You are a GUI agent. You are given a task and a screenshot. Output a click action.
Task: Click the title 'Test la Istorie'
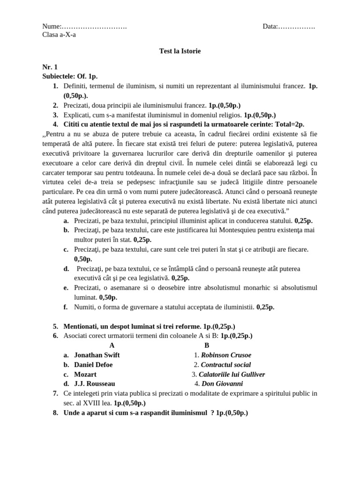click(x=180, y=51)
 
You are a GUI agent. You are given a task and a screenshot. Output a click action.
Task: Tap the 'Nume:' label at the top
click(x=52, y=26)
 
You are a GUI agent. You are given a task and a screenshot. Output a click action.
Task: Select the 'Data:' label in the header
click(x=270, y=26)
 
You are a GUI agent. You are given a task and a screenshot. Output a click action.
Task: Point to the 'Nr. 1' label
click(x=50, y=67)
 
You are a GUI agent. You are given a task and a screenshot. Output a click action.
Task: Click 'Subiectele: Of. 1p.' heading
click(x=70, y=76)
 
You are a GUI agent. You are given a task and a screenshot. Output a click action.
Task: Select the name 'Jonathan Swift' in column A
click(x=97, y=355)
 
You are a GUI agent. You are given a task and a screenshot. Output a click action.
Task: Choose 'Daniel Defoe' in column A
click(x=93, y=364)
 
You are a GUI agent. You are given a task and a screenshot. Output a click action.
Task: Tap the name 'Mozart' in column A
click(x=85, y=374)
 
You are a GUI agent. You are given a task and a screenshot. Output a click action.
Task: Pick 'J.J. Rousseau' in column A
click(x=94, y=383)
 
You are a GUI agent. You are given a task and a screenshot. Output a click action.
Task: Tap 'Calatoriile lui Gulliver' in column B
click(x=232, y=374)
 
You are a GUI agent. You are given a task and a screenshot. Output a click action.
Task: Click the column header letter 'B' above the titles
click(x=207, y=345)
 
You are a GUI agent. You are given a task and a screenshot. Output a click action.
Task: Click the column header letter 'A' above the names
click(x=112, y=345)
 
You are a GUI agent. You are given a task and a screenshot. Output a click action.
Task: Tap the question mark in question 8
click(x=212, y=412)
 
